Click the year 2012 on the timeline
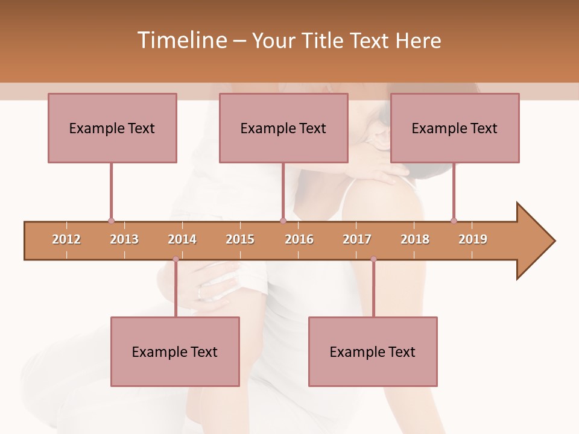pos(66,239)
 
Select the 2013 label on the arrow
pos(124,239)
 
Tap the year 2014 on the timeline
pos(182,239)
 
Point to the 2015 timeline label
pos(240,239)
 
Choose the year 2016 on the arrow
pos(299,239)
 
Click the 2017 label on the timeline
pos(357,239)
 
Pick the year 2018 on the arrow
pos(415,239)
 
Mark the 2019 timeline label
pos(473,239)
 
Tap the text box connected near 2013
pos(112,128)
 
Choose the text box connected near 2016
pos(283,128)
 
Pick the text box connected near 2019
pos(455,128)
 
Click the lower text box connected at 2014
pos(175,351)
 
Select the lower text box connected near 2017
pos(373,351)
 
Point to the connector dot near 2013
pos(111,221)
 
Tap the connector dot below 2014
pos(176,259)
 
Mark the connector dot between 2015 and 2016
pos(283,221)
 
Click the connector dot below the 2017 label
pos(373,259)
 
